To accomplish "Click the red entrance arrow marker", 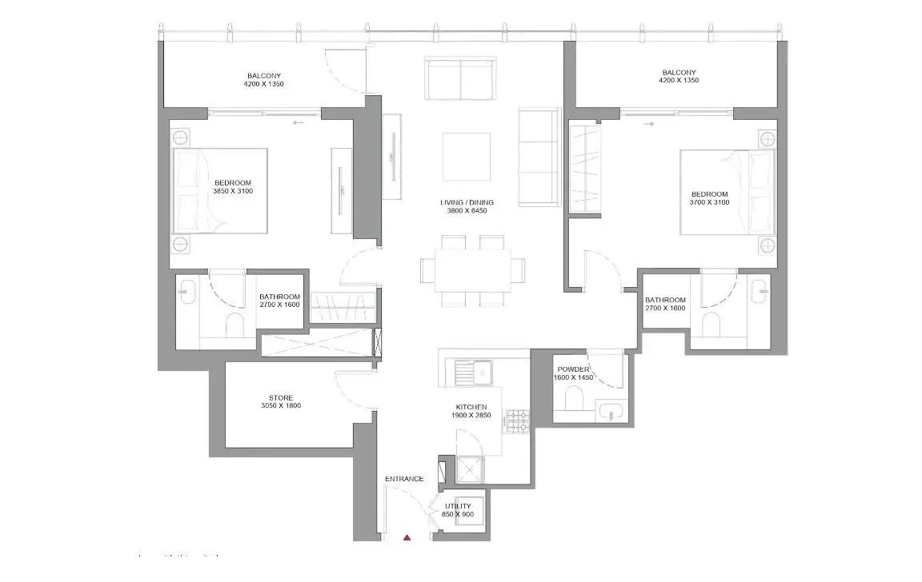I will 407,539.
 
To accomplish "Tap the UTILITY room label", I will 459,506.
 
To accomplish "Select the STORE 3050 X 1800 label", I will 281,401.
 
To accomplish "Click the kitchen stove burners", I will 517,421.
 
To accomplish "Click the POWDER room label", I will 574,369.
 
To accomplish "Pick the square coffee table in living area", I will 467,157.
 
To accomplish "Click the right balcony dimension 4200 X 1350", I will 679,81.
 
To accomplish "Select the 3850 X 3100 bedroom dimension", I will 234,191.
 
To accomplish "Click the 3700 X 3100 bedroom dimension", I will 710,203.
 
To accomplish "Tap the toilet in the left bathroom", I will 235,324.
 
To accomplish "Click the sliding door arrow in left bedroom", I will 299,122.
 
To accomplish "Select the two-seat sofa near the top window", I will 460,78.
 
